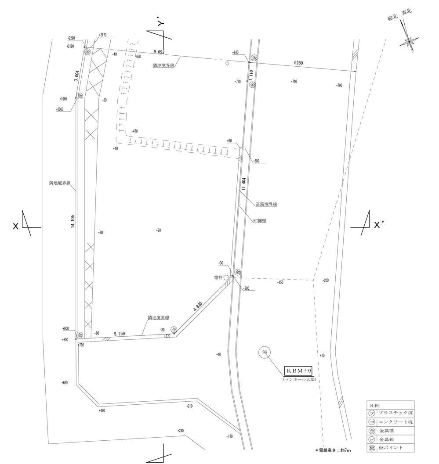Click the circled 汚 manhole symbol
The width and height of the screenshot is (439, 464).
click(265, 352)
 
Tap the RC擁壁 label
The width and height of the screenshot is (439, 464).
click(260, 221)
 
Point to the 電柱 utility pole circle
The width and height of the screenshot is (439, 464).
click(226, 277)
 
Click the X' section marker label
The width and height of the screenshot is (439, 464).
click(379, 225)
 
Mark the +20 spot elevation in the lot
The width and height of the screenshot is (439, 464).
click(158, 230)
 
